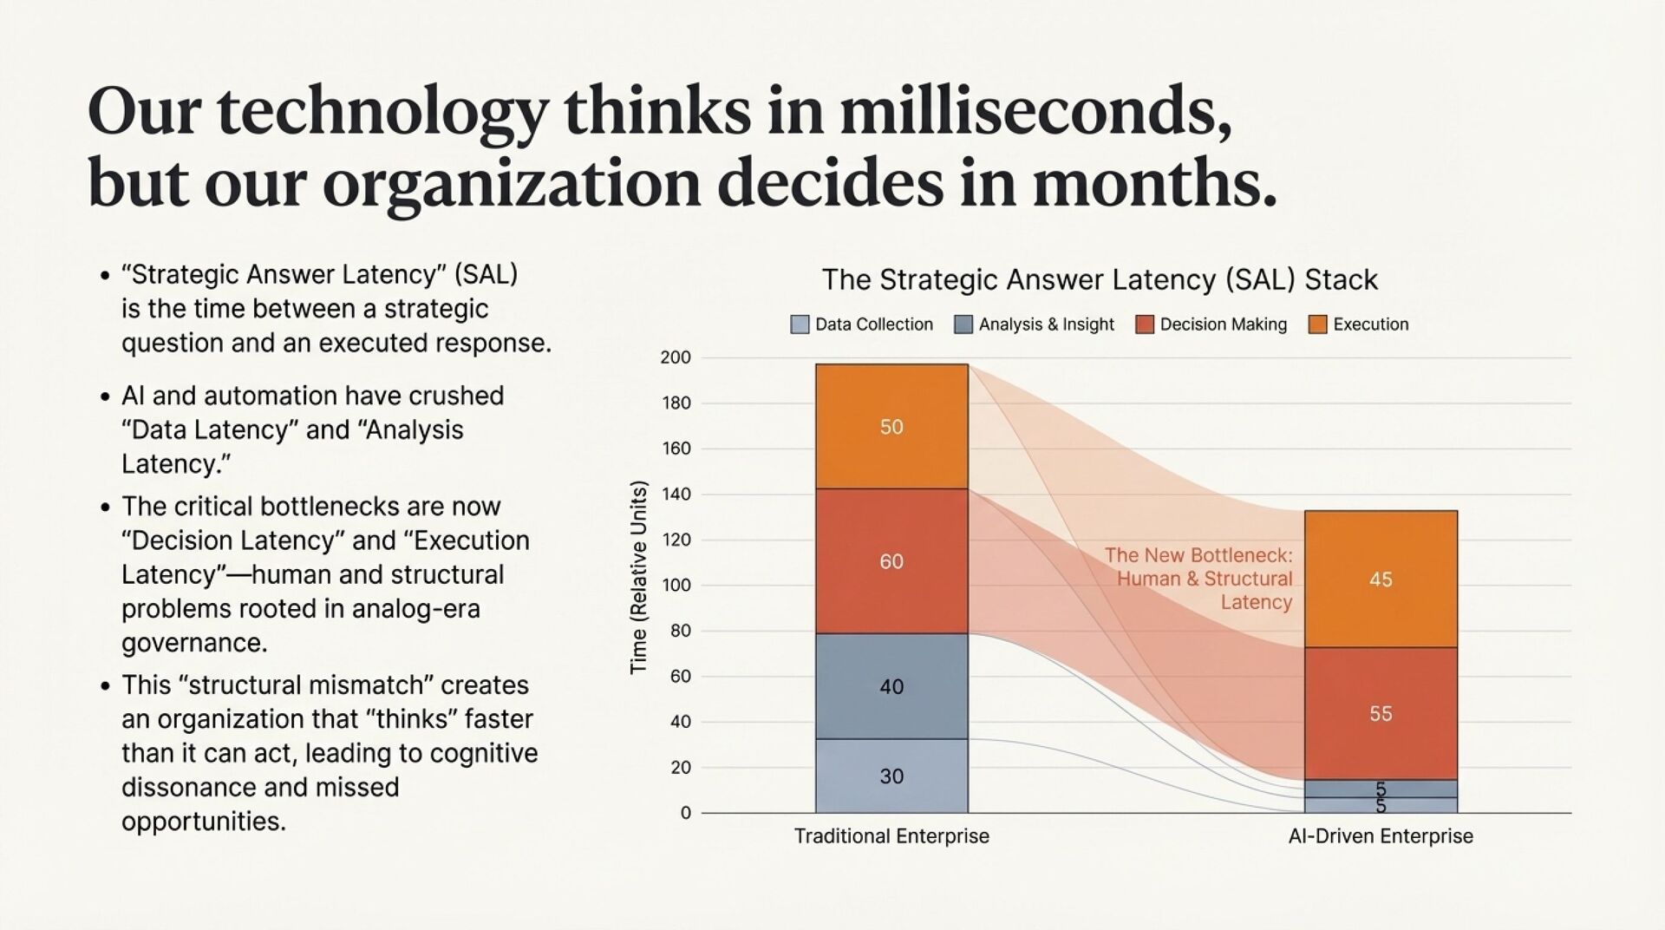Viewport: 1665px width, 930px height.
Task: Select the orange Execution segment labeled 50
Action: point(891,426)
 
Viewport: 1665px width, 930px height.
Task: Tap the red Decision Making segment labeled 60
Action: point(891,560)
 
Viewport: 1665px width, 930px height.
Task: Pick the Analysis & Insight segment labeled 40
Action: point(891,686)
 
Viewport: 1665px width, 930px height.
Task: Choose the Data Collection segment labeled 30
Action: point(891,776)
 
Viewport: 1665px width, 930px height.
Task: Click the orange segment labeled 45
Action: point(1381,579)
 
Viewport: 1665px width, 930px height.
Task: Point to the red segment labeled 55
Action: point(1381,713)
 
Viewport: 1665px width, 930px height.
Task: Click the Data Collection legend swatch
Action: point(800,324)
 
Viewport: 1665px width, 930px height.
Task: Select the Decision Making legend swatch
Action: point(1145,324)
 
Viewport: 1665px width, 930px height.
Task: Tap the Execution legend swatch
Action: point(1317,324)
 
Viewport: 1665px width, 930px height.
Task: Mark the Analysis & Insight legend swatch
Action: point(963,324)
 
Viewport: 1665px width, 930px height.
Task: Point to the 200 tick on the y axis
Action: point(676,357)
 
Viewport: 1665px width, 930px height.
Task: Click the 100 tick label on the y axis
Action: point(676,585)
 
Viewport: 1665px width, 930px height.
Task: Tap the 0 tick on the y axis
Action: point(686,813)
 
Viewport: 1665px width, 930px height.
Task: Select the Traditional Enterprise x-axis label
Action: point(891,836)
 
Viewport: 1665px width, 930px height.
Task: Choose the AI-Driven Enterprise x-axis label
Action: point(1381,836)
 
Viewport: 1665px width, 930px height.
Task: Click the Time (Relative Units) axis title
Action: point(639,577)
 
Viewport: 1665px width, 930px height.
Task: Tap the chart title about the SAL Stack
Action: point(1100,279)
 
